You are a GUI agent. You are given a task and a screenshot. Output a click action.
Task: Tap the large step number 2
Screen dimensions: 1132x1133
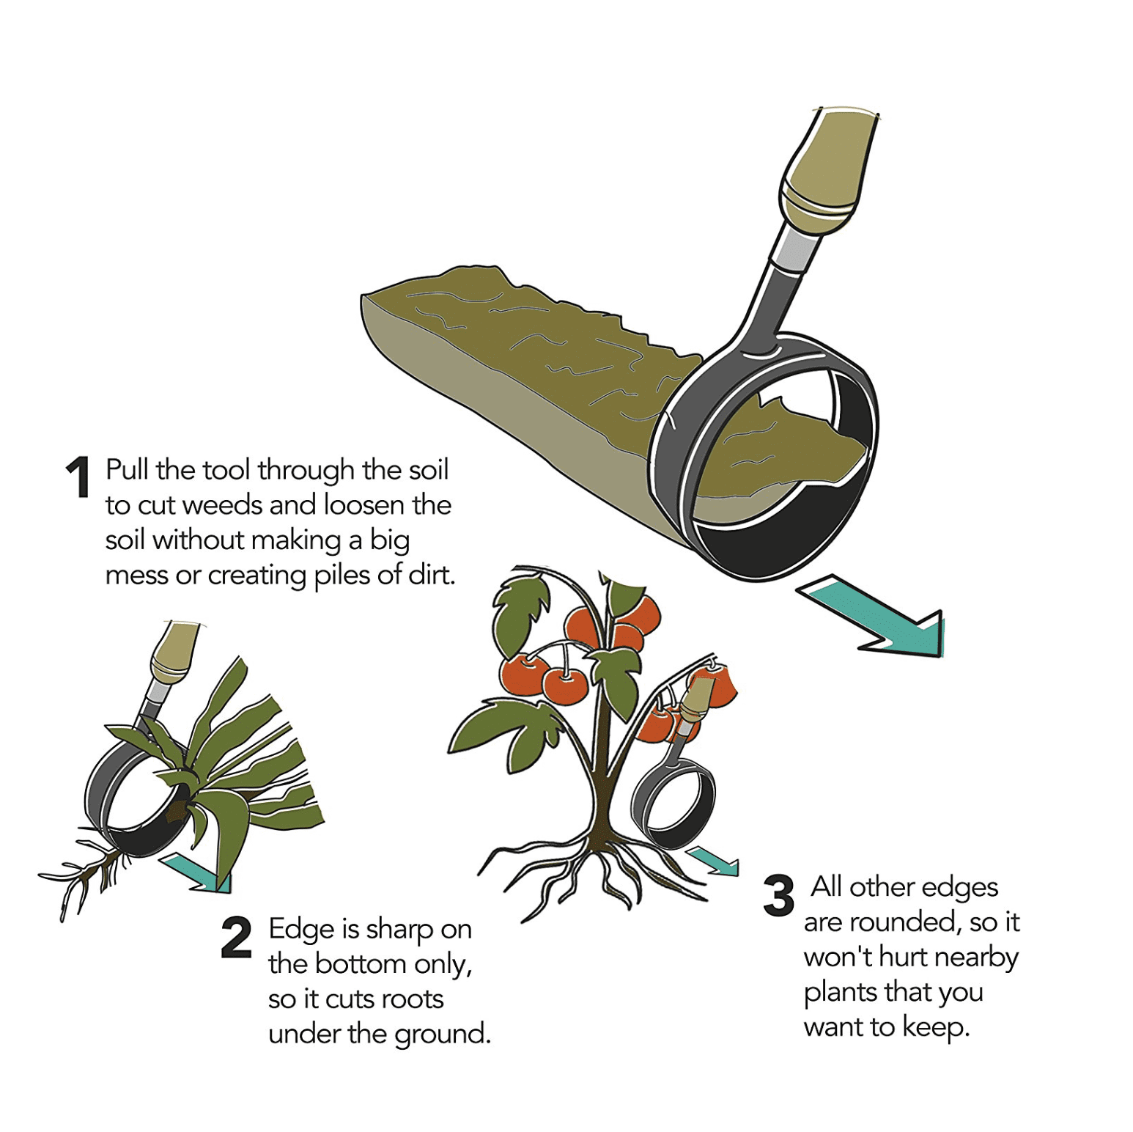point(236,937)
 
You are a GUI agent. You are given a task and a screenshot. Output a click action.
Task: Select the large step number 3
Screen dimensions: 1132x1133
point(778,895)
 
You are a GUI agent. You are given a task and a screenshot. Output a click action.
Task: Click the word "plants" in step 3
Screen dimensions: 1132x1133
point(840,993)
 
